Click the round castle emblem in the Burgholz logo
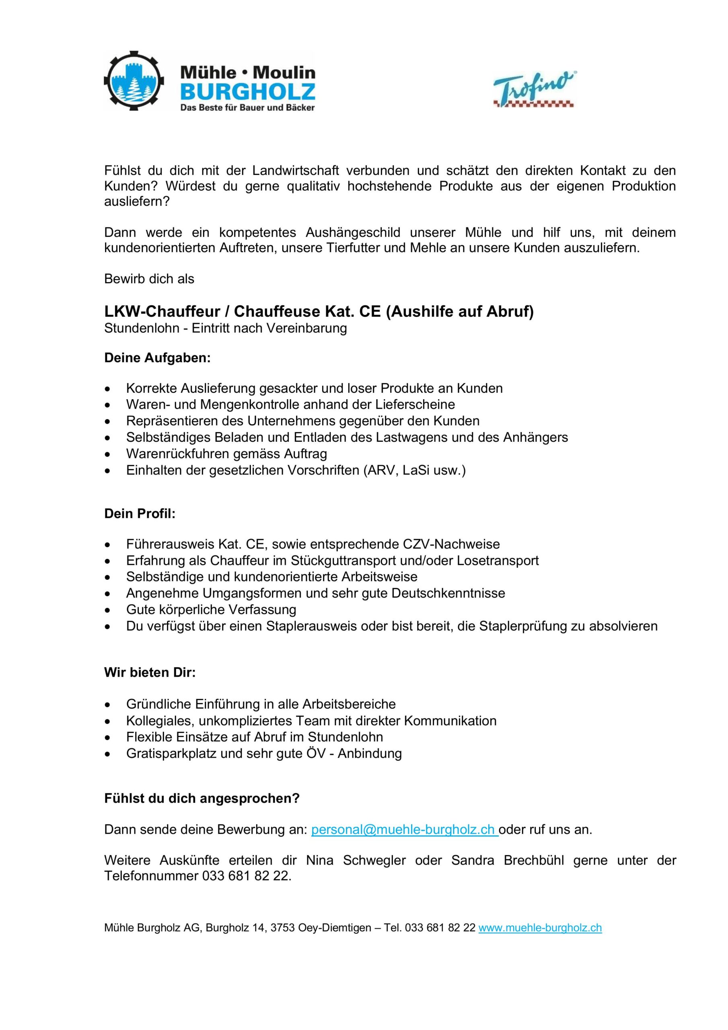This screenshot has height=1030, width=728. click(134, 81)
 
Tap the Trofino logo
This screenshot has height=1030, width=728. click(534, 89)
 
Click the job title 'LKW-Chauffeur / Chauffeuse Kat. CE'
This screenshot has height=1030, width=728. click(242, 311)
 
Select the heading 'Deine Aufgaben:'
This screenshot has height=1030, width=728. click(157, 358)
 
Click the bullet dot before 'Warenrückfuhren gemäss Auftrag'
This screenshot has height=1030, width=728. click(107, 454)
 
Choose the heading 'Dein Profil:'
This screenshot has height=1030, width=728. click(140, 514)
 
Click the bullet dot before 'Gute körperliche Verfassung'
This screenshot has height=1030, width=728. click(107, 610)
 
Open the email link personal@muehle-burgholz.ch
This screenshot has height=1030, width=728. click(404, 830)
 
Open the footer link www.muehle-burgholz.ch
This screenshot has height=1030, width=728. click(540, 928)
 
